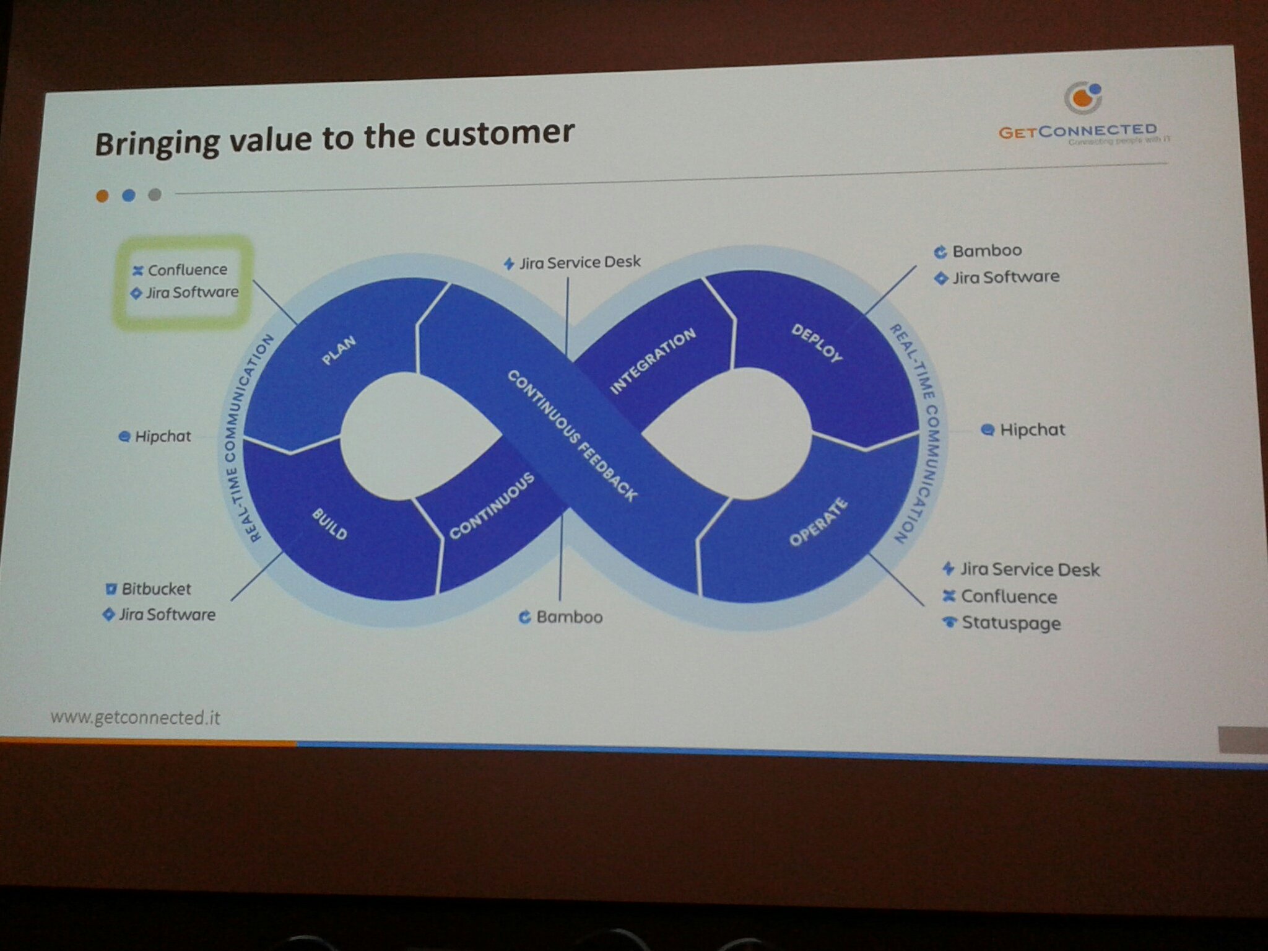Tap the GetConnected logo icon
tap(1083, 98)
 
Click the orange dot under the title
tap(102, 196)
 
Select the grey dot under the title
tap(155, 195)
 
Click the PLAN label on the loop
tap(339, 350)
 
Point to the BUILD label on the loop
tap(329, 524)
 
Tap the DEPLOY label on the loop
tap(817, 343)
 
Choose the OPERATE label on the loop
tap(818, 522)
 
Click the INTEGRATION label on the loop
tap(653, 361)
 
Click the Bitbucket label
tap(155, 589)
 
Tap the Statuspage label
tap(1010, 623)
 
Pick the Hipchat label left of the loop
tap(162, 436)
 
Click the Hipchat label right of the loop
tap(1032, 429)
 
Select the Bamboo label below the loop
tap(568, 617)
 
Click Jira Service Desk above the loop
tap(579, 263)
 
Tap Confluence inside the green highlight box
tap(187, 270)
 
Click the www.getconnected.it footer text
tap(135, 717)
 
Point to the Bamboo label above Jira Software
tap(986, 251)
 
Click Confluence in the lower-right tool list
tap(1009, 596)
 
